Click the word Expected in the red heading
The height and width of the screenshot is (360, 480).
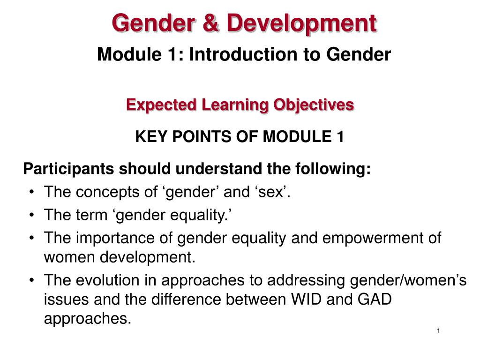click(x=161, y=105)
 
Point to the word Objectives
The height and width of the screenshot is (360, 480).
click(x=314, y=105)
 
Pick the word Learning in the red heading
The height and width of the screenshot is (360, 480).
click(x=235, y=105)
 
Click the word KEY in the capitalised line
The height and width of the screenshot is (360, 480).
click(x=151, y=136)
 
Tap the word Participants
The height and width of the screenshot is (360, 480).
click(x=68, y=169)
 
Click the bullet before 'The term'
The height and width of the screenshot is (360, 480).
click(x=32, y=215)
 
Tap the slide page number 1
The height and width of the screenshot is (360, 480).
click(x=439, y=330)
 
